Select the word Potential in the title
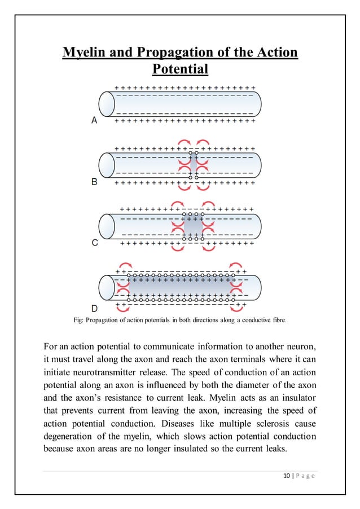tap(180, 69)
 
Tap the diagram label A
tap(94, 120)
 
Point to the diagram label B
tap(94, 182)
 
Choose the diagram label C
tap(94, 243)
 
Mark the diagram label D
tap(94, 308)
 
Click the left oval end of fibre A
tap(107, 104)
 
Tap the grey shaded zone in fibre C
tap(193, 226)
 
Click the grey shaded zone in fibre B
tap(193, 165)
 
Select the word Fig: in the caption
tap(81, 321)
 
